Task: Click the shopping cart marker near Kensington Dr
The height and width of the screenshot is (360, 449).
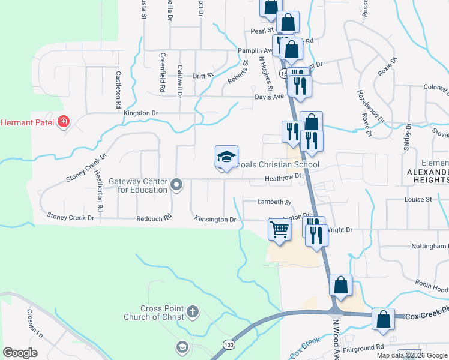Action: pos(280,229)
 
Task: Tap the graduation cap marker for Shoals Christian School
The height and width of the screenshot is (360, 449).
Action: pos(226,158)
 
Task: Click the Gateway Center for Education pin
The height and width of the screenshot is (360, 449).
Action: pos(176,185)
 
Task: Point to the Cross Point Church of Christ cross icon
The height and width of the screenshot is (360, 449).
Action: pos(192,311)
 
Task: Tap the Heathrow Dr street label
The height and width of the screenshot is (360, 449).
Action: pos(282,177)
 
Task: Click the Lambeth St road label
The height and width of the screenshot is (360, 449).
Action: pos(274,203)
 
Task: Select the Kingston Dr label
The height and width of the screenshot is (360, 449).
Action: pos(140,113)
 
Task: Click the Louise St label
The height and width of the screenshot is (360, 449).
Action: pos(418,199)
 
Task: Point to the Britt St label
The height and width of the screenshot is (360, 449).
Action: pos(203,76)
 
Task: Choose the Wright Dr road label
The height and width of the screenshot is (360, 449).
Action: pos(340,229)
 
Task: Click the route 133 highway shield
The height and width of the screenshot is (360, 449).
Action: pos(228,344)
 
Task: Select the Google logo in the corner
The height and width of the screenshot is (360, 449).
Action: pos(20,353)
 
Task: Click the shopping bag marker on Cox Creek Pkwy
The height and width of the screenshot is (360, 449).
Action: pos(383,320)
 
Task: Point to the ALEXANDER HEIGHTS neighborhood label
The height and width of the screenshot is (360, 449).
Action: pos(427,172)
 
